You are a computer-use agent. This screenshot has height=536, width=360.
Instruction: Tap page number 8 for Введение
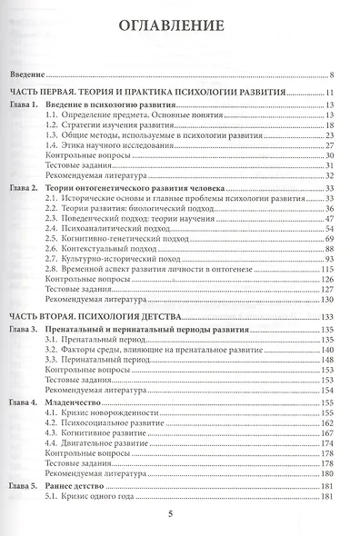click(x=335, y=77)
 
